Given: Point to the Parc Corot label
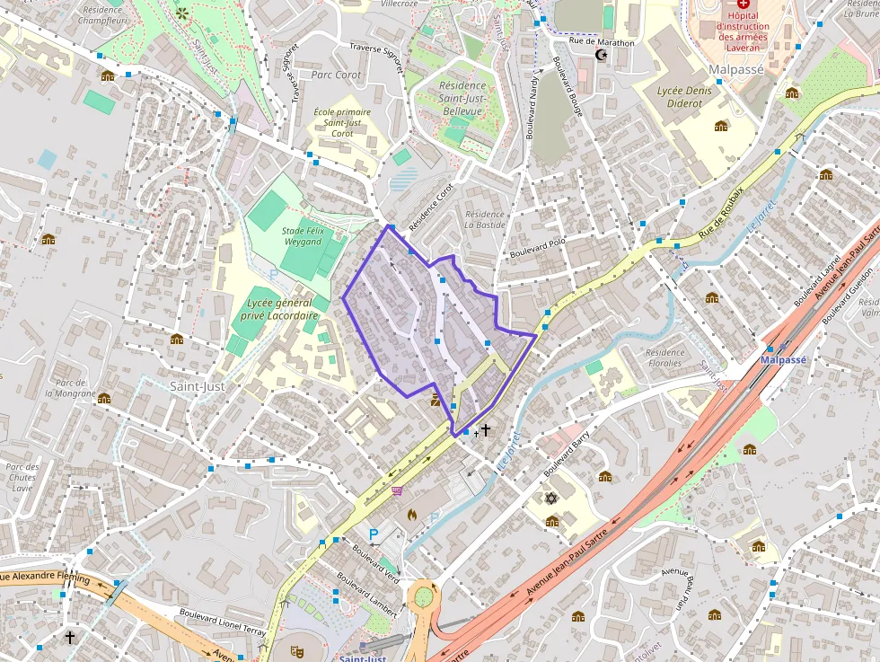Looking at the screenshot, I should click(336, 75).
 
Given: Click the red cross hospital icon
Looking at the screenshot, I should click(743, 4).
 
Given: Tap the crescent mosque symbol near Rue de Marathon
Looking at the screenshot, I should click(601, 56).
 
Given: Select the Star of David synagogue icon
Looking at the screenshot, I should click(551, 498).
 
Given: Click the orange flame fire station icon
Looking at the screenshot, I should click(412, 515).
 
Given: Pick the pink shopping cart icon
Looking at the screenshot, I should click(396, 490).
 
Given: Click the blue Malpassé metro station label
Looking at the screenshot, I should click(783, 359).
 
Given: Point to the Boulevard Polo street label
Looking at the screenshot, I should click(537, 248).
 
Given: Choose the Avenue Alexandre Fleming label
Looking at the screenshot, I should click(45, 578).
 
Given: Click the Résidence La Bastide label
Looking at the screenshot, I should click(485, 219).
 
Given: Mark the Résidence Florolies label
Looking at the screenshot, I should click(664, 358).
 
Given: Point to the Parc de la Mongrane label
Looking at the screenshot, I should click(70, 388).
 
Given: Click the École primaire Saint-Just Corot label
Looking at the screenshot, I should click(342, 123).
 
